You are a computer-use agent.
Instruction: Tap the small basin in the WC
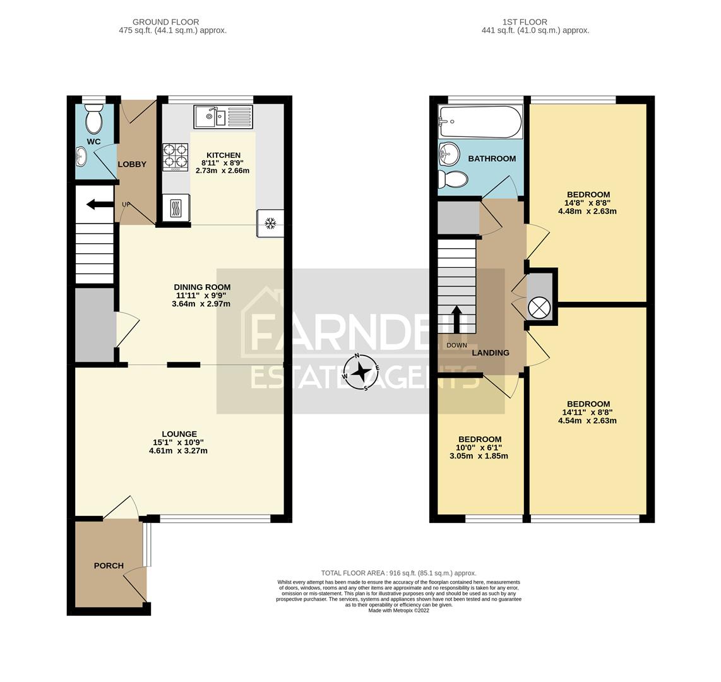(81, 155)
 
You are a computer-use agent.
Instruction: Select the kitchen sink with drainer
(223, 117)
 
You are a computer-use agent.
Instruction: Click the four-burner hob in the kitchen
(176, 157)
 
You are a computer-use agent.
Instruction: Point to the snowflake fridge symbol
(270, 223)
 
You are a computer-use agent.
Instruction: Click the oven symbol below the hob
(176, 208)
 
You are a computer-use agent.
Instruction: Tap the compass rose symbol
(361, 372)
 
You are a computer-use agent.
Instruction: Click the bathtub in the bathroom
(480, 122)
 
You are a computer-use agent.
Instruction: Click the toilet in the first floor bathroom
(453, 179)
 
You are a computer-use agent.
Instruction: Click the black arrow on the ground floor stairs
(100, 204)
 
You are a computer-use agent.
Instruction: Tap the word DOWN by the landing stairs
(456, 345)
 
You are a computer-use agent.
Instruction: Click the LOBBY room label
(132, 164)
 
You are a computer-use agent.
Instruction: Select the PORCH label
(109, 566)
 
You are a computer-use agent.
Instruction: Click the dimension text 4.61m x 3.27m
(178, 451)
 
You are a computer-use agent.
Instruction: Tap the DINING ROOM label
(202, 287)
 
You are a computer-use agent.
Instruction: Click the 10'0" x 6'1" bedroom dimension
(480, 448)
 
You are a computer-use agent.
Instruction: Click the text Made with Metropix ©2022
(398, 611)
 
